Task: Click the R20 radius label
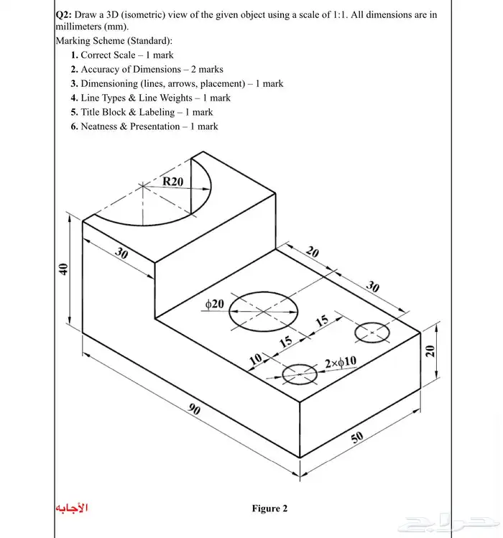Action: tap(172, 182)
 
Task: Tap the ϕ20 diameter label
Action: tap(215, 304)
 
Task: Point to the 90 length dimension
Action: tap(195, 409)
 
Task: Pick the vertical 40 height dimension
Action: tap(63, 269)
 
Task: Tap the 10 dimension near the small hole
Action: tap(256, 358)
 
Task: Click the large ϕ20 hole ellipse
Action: tap(263, 310)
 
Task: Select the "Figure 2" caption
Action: tap(269, 509)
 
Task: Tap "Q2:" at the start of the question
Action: tap(64, 14)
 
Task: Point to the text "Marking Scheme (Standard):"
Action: tap(114, 41)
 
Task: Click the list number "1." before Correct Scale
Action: tap(75, 55)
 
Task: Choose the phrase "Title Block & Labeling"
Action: tap(127, 112)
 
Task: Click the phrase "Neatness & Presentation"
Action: tap(130, 126)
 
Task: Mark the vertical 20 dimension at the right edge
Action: tap(430, 351)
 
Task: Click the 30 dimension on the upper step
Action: tap(122, 254)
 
